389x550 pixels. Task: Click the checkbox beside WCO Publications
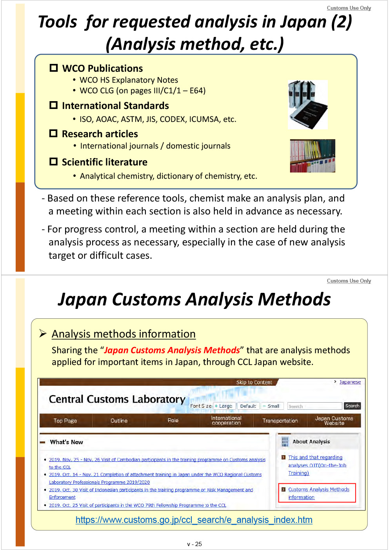(54, 68)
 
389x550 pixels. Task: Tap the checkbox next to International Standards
(54, 105)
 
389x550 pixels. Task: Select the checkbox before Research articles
(53, 133)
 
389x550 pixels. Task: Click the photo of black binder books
(308, 105)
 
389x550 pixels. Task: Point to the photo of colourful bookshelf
(313, 156)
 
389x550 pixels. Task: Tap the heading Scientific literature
(104, 162)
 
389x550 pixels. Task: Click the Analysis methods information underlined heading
(124, 334)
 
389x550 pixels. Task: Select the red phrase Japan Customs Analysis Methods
(172, 350)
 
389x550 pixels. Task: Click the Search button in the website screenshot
(352, 406)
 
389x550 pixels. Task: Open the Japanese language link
(350, 382)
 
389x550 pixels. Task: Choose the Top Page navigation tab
(65, 421)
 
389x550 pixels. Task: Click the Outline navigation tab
(119, 421)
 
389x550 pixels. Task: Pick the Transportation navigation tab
(280, 421)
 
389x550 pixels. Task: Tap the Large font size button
(224, 406)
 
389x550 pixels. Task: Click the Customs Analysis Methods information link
(318, 493)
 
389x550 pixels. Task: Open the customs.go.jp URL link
(194, 520)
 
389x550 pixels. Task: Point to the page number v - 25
(194, 544)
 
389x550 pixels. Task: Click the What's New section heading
(66, 442)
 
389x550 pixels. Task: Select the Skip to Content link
(254, 382)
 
